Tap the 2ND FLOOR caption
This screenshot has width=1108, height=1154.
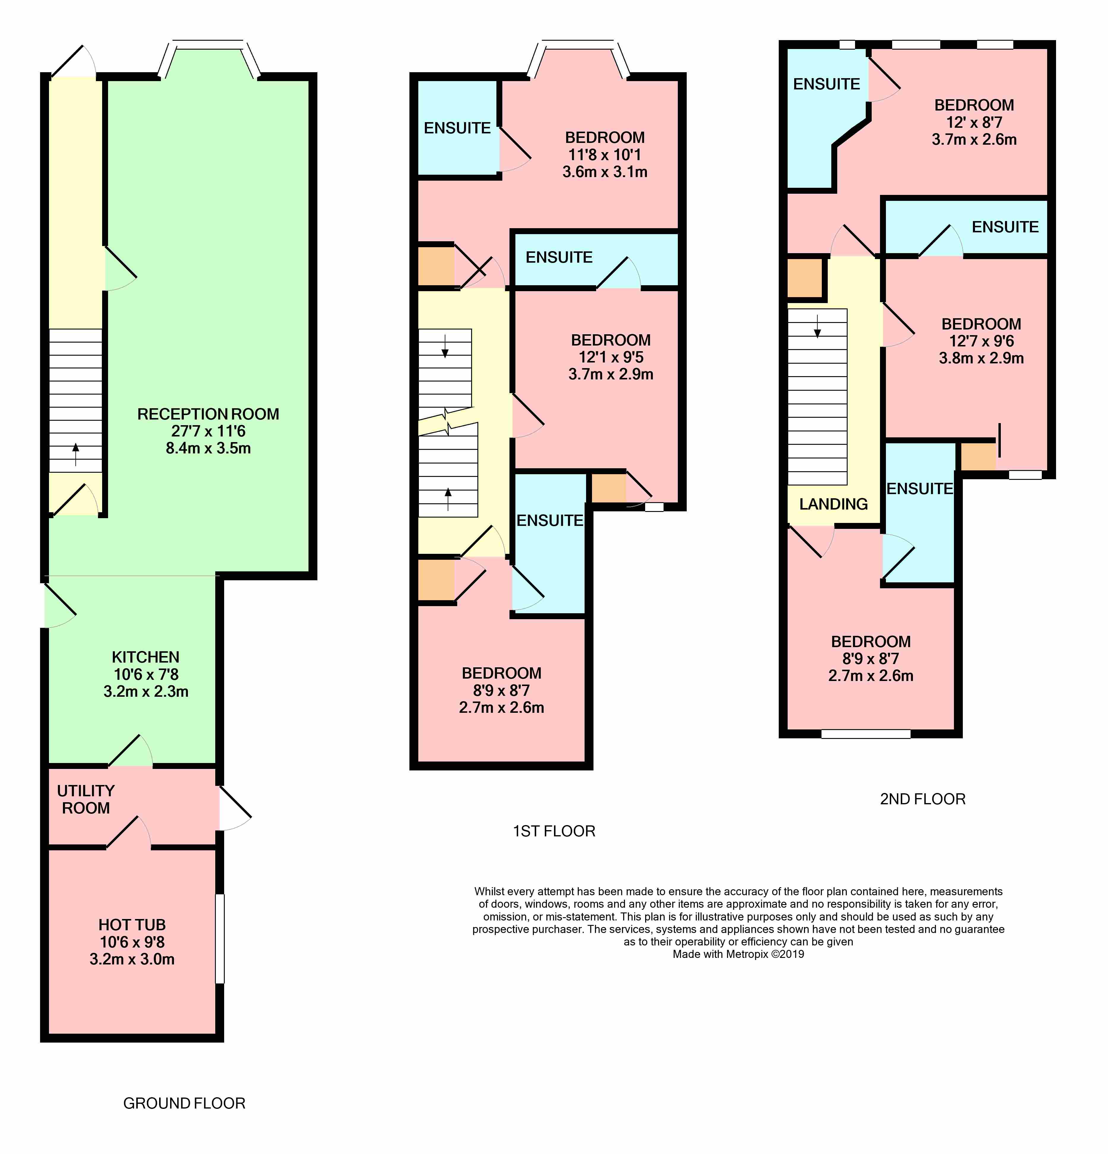[x=922, y=799]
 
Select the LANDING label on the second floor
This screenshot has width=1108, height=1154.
[x=833, y=504]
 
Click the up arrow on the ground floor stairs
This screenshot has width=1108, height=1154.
[x=75, y=454]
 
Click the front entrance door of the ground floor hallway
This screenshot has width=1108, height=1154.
[x=74, y=62]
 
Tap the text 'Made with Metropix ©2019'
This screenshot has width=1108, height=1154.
[x=738, y=954]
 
